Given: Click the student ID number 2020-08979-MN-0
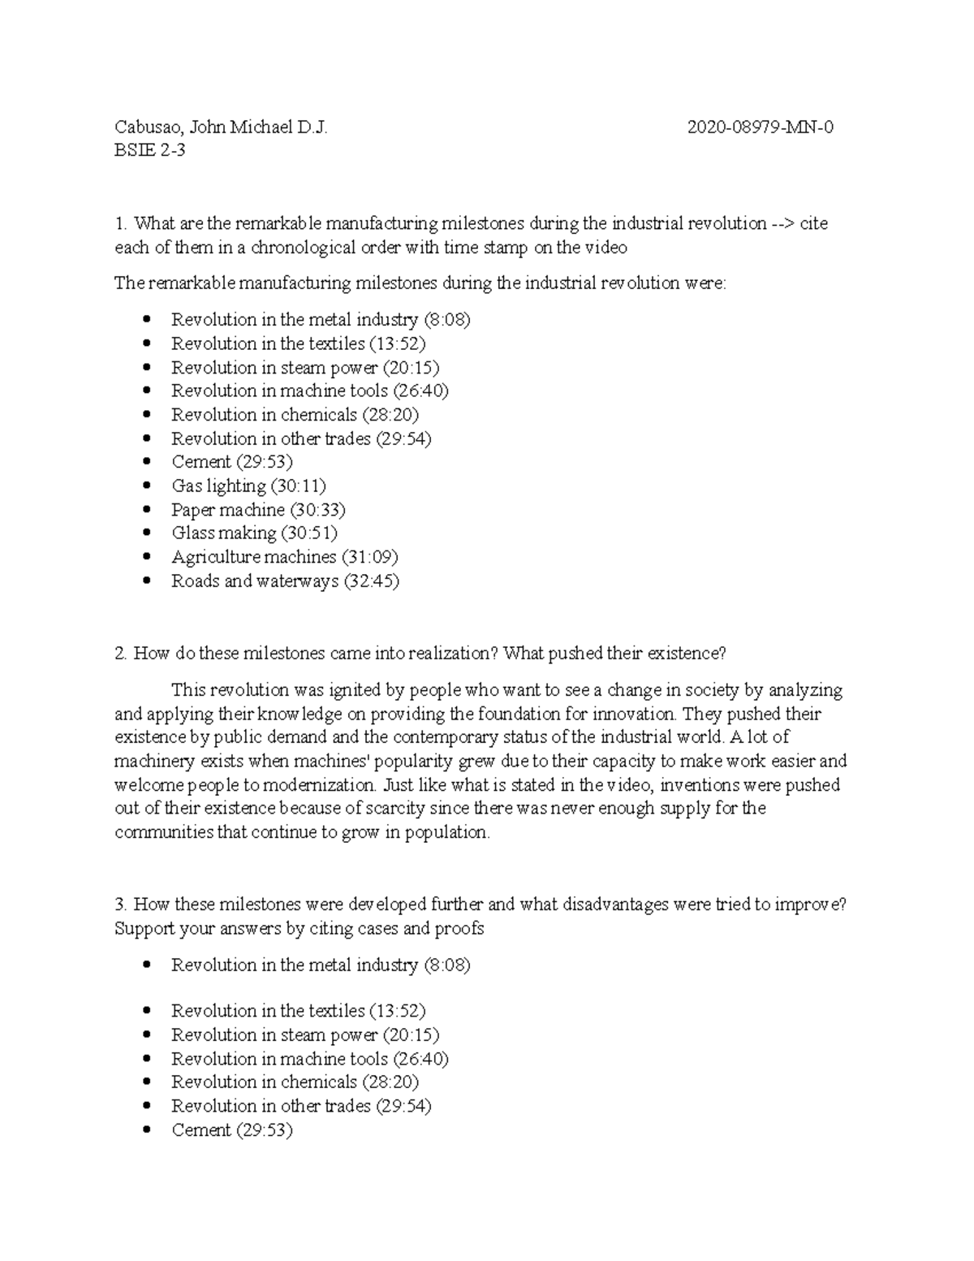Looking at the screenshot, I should pyautogui.click(x=760, y=127).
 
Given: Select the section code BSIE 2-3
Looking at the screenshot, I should pyautogui.click(x=149, y=150).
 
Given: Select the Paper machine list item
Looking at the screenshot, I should pyautogui.click(x=228, y=510).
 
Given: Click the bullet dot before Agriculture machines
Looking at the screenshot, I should pyautogui.click(x=146, y=558).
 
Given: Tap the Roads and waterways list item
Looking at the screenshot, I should pyautogui.click(x=255, y=581).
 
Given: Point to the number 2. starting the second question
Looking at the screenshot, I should pyautogui.click(x=122, y=653).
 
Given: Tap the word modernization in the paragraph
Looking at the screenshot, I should pyautogui.click(x=317, y=785).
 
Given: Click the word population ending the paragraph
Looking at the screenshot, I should pyautogui.click(x=447, y=833).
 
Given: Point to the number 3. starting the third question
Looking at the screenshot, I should pyautogui.click(x=122, y=905).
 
